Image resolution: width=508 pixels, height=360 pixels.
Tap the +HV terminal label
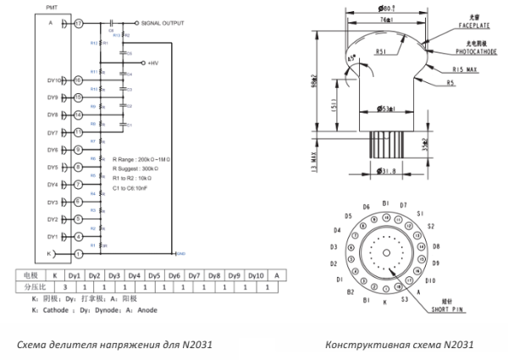pyautogui.click(x=153, y=63)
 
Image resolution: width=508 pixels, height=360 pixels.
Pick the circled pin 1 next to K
pyautogui.click(x=79, y=253)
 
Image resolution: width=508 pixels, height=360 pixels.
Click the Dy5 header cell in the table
pyautogui.click(x=154, y=275)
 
